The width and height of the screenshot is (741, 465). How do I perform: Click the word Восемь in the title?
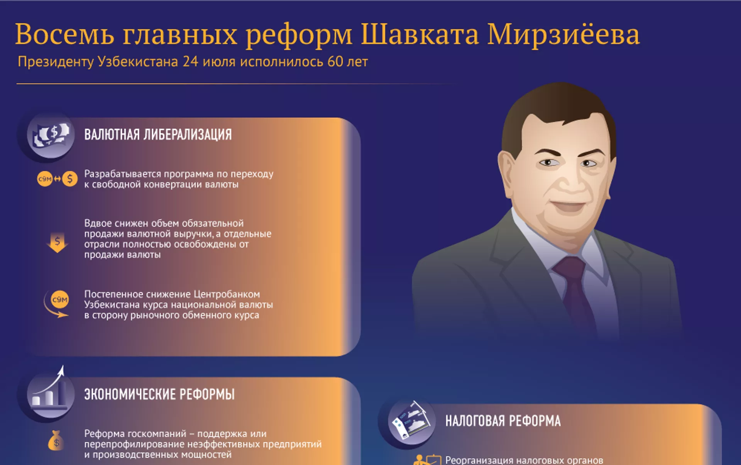coord(64,34)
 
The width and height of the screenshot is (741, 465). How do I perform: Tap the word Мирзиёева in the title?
coord(563,34)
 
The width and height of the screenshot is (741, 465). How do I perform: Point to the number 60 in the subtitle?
coord(335,62)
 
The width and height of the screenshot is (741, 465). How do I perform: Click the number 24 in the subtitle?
coord(190,62)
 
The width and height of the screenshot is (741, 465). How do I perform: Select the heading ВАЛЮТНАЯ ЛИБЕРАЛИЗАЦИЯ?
coord(158,135)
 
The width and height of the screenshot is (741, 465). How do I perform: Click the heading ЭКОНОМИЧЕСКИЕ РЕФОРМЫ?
coord(159,394)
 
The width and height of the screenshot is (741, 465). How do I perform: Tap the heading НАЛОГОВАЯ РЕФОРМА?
coord(503,421)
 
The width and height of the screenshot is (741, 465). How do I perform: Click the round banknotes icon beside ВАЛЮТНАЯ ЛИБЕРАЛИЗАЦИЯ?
coord(51,135)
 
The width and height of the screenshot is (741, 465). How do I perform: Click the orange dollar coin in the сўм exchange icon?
coord(70,179)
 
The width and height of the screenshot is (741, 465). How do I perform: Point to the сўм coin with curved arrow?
coord(57,304)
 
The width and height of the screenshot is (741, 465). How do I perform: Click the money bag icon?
coord(56,440)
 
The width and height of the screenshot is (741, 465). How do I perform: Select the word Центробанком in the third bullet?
coord(227,294)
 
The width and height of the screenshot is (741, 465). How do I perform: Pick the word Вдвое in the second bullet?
coord(97,223)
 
